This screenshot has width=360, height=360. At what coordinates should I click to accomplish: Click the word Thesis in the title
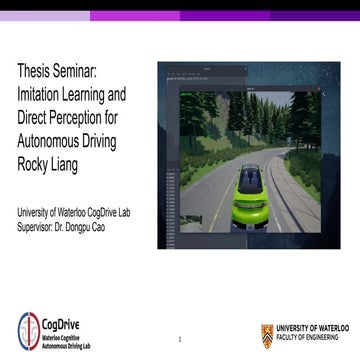pos(35,72)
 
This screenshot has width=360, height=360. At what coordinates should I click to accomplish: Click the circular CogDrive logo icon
pos(29,331)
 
